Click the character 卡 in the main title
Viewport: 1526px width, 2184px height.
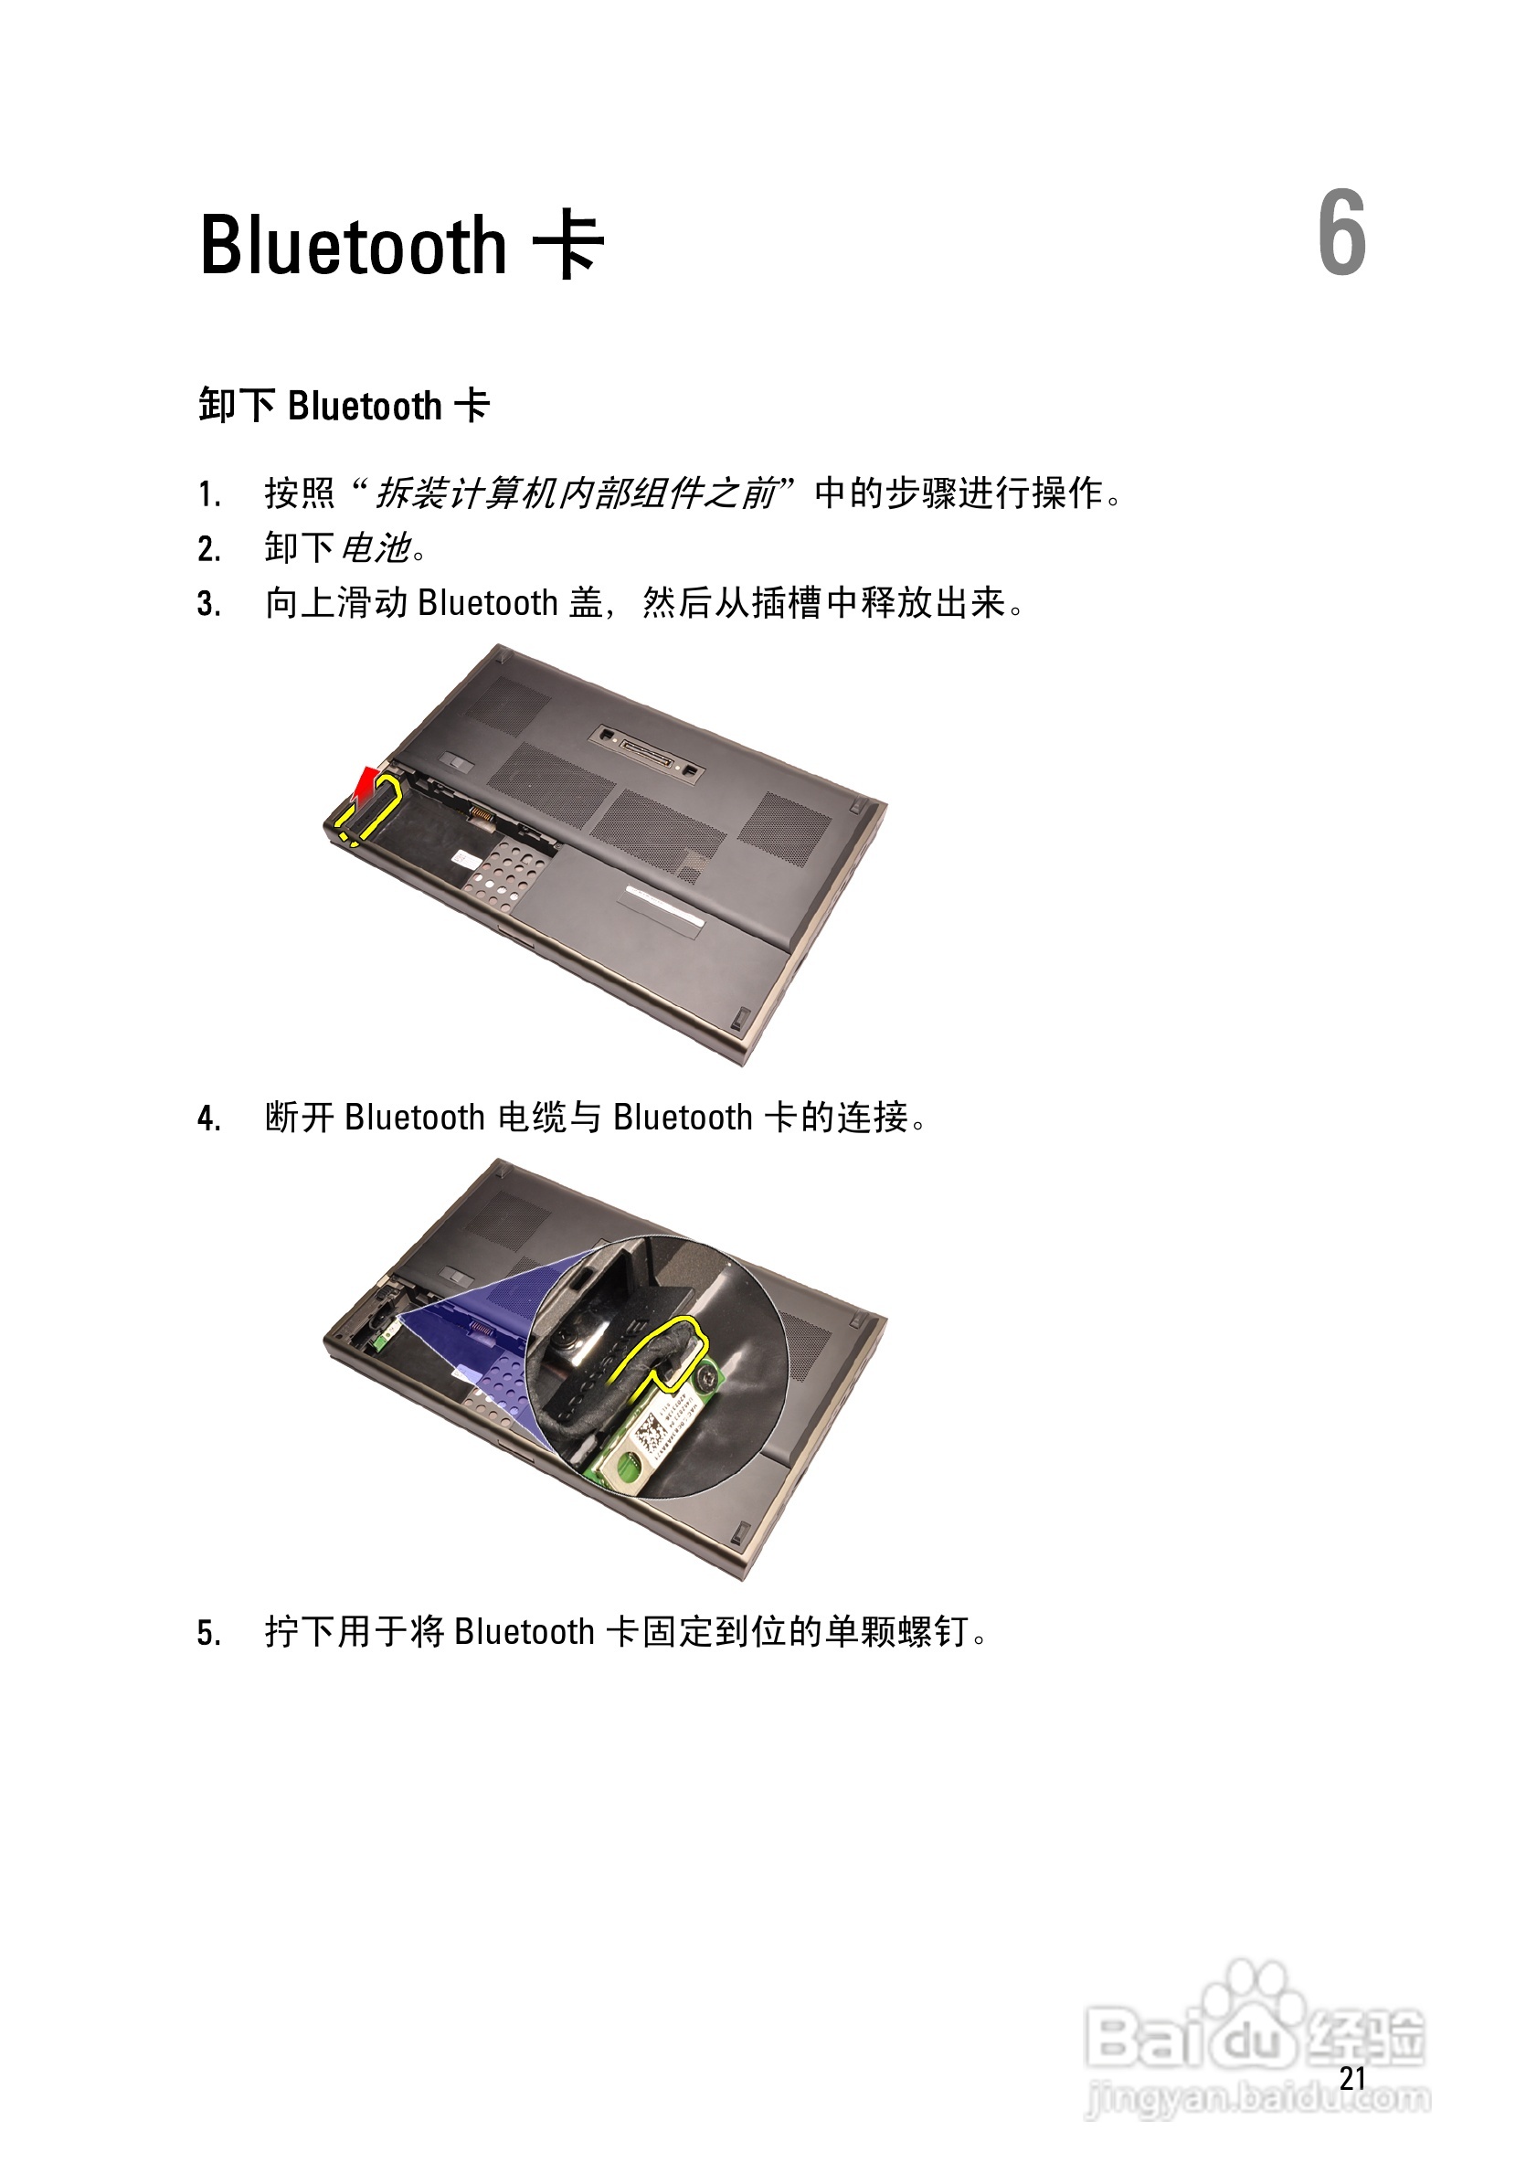[x=568, y=246]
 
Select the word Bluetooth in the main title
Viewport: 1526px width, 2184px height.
[x=353, y=246]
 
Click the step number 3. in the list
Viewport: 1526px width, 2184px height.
[x=209, y=604]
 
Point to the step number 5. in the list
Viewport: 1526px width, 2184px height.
[x=209, y=1632]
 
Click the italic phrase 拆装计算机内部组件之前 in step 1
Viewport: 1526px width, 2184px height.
[x=576, y=493]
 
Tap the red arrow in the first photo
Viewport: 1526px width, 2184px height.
[x=365, y=783]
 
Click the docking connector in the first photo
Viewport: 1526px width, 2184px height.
[x=647, y=748]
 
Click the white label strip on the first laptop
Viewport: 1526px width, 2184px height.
[x=664, y=906]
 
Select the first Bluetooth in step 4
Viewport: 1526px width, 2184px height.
[x=415, y=1118]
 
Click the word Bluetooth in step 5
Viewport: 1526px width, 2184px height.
[x=525, y=1632]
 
